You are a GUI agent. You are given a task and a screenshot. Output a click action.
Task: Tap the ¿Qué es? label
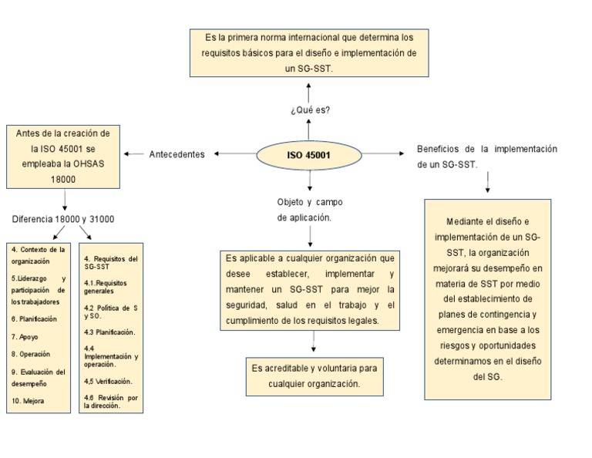pyautogui.click(x=310, y=110)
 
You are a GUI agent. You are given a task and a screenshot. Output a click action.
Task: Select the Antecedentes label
pyautogui.click(x=177, y=154)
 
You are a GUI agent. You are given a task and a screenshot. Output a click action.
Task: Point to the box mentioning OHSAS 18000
pyautogui.click(x=63, y=157)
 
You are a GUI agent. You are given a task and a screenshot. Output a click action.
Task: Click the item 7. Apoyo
pyautogui.click(x=25, y=337)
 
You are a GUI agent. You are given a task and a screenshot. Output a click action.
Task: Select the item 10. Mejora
pyautogui.click(x=28, y=401)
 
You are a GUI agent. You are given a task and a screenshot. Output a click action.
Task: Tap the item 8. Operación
pyautogui.click(x=31, y=354)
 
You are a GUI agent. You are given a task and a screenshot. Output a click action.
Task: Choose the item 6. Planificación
pyautogui.click(x=35, y=318)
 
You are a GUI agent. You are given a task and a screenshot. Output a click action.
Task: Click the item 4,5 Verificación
pyautogui.click(x=108, y=381)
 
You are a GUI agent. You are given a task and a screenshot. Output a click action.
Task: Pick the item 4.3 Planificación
pyautogui.click(x=109, y=332)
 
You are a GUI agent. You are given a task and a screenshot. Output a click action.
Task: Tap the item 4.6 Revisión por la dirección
pyautogui.click(x=111, y=401)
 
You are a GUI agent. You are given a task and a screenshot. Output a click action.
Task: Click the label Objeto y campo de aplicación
pyautogui.click(x=309, y=210)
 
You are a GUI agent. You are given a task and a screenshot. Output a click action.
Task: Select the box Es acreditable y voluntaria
pyautogui.click(x=314, y=375)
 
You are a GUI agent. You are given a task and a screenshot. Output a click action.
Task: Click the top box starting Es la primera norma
pyautogui.click(x=308, y=52)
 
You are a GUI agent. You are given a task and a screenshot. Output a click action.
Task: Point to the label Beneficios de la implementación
pyautogui.click(x=486, y=156)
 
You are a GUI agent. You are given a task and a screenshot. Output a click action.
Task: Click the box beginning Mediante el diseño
pyautogui.click(x=487, y=298)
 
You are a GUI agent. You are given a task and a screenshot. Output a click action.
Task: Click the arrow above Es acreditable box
pyautogui.click(x=313, y=343)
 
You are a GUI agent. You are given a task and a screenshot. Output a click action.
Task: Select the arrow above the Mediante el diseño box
pyautogui.click(x=488, y=182)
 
